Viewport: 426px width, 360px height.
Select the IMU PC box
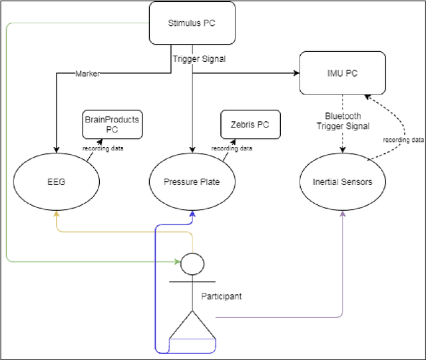(342, 74)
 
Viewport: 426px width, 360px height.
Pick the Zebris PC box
(250, 124)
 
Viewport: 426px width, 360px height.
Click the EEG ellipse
(57, 180)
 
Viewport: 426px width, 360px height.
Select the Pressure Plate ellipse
(192, 180)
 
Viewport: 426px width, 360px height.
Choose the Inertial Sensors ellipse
(342, 180)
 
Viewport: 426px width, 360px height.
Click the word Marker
(87, 74)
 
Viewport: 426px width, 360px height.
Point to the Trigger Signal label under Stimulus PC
(198, 59)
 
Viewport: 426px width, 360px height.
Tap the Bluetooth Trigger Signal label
(342, 120)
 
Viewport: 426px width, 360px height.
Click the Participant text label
(221, 296)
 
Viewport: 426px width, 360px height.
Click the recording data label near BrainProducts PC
(102, 147)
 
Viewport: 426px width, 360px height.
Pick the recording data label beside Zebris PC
(232, 147)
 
